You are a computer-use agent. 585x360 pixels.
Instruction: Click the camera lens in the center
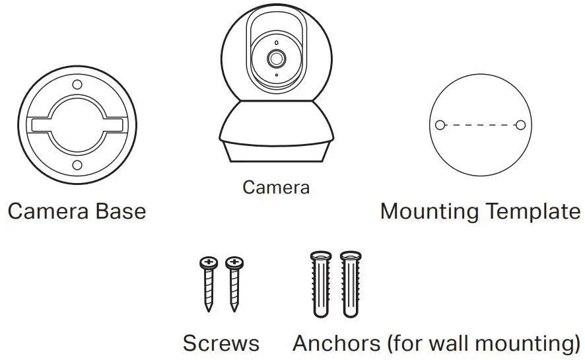276,59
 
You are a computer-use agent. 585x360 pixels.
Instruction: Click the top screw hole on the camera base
77,85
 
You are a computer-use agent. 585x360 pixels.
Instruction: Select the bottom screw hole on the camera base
77,165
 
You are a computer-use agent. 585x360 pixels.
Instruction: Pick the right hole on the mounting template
521,124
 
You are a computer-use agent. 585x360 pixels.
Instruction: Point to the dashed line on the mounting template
481,124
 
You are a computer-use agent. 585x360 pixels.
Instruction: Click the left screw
209,284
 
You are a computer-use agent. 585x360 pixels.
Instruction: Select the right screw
233,284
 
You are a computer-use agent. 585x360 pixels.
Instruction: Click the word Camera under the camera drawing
275,188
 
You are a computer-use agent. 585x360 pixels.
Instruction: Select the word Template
532,211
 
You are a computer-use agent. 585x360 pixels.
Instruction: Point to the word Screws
221,343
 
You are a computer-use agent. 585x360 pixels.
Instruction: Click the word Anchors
337,343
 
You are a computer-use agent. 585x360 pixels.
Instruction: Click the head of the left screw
209,263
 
